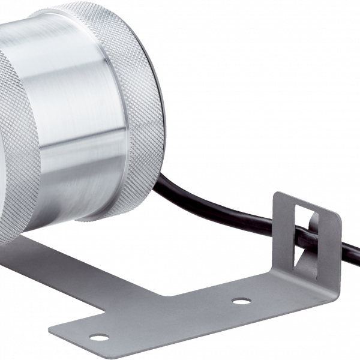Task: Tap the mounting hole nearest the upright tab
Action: tap(241, 299)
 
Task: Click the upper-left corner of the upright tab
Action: tap(277, 194)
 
